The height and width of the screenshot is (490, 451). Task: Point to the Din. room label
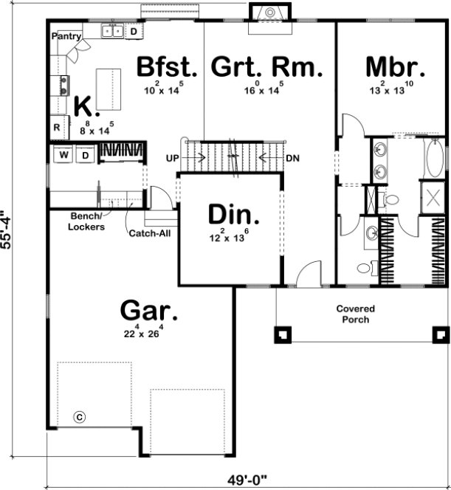point(233,215)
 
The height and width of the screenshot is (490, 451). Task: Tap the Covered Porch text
point(356,314)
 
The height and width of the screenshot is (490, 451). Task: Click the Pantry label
point(65,35)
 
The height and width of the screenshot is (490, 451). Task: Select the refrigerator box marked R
point(57,128)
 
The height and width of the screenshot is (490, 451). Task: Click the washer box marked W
point(63,155)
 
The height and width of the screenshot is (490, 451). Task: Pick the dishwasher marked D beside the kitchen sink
point(134,31)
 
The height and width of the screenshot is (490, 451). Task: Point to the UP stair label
point(172,158)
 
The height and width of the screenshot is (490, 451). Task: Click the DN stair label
point(292,158)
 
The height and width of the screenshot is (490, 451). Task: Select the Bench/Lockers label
point(87,221)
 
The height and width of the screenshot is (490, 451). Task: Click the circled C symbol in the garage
point(80,416)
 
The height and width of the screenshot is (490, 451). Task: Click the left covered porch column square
point(281,334)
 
